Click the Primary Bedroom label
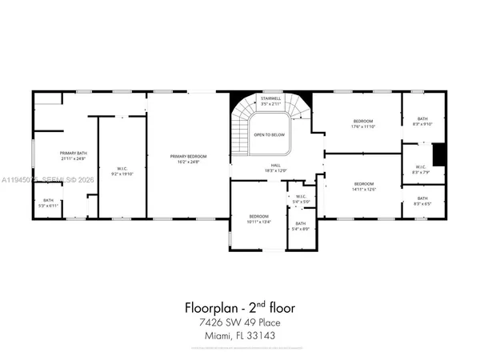(x=188, y=156)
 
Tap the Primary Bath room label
(x=73, y=153)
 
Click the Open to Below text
(x=270, y=134)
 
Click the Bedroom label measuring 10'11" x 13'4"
(x=258, y=217)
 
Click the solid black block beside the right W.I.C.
(x=437, y=153)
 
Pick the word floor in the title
(x=282, y=306)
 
